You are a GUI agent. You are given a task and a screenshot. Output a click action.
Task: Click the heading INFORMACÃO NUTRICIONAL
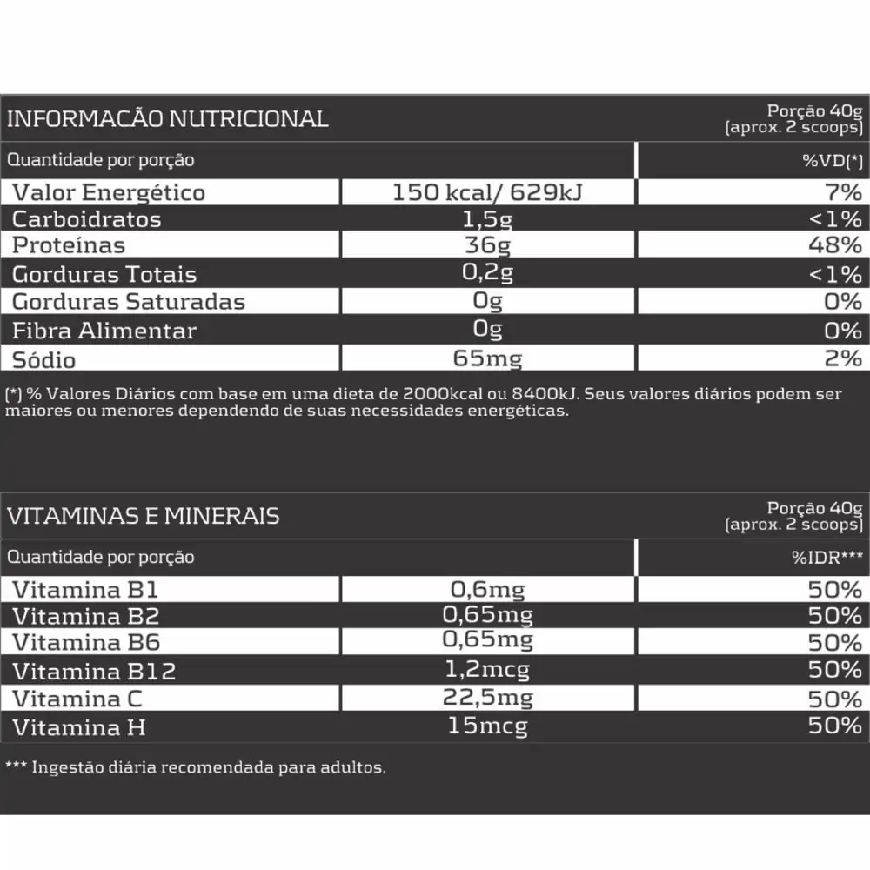pyautogui.click(x=168, y=118)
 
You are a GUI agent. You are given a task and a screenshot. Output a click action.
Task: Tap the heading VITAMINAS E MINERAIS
pyautogui.click(x=144, y=516)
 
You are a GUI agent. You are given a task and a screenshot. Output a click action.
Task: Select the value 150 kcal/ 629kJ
pyautogui.click(x=487, y=191)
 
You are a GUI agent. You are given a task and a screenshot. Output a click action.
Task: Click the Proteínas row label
pyautogui.click(x=69, y=246)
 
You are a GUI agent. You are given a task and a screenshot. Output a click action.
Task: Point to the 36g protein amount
pyautogui.click(x=487, y=245)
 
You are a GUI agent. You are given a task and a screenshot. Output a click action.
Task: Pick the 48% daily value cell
pyautogui.click(x=834, y=245)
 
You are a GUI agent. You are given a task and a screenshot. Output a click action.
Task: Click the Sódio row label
pyautogui.click(x=44, y=359)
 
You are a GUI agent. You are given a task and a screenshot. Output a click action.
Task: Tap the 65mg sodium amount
pyautogui.click(x=487, y=358)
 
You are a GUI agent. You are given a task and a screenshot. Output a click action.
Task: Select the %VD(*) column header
pyautogui.click(x=833, y=160)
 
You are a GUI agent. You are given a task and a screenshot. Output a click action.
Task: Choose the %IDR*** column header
pyautogui.click(x=826, y=557)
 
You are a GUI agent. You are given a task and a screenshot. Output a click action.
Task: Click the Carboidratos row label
pyautogui.click(x=87, y=219)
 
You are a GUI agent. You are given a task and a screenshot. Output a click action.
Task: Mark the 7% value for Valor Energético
pyautogui.click(x=844, y=191)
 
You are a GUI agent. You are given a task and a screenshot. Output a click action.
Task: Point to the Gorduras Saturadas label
pyautogui.click(x=129, y=302)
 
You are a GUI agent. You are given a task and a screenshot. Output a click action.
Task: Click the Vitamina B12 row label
pyautogui.click(x=94, y=672)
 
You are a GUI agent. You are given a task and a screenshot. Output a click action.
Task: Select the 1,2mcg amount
pyautogui.click(x=487, y=670)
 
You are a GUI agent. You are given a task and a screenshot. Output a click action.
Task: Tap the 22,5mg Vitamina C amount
pyautogui.click(x=487, y=698)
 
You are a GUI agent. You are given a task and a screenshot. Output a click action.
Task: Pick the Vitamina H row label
pyautogui.click(x=78, y=726)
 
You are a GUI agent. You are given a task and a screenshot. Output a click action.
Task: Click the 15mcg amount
pyautogui.click(x=487, y=725)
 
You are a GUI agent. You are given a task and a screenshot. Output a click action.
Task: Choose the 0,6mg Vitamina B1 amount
pyautogui.click(x=487, y=590)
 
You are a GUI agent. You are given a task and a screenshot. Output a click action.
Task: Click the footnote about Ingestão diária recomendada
pyautogui.click(x=195, y=767)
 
